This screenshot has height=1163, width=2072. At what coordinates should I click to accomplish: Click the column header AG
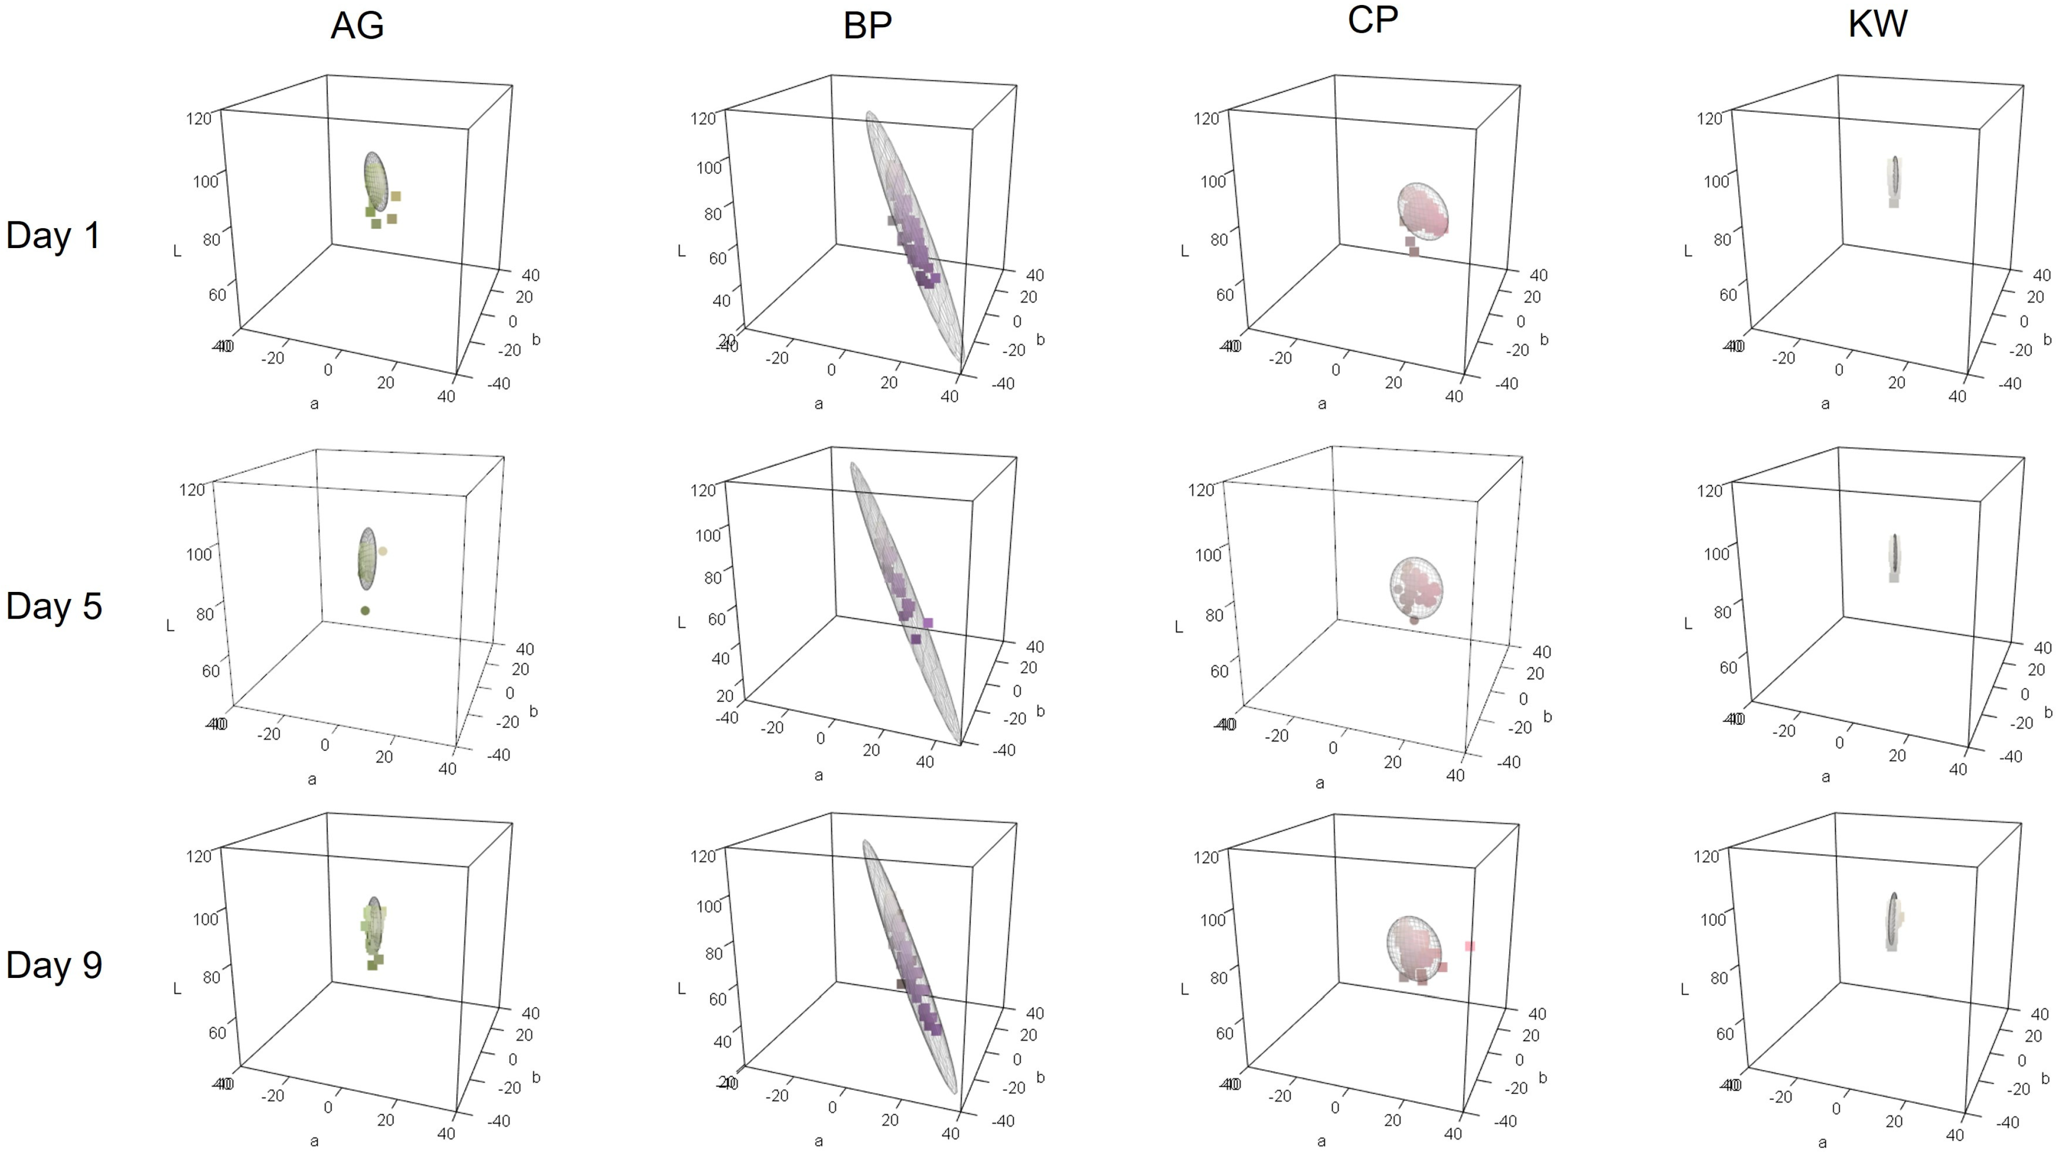[357, 26]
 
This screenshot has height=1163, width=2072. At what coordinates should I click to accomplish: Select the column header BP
[867, 26]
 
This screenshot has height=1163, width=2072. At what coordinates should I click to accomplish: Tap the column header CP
[1372, 20]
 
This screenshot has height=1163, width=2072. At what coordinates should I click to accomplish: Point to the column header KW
[1878, 24]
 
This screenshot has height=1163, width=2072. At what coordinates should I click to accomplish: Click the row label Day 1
[53, 236]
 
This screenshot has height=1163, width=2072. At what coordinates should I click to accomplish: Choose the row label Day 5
[54, 606]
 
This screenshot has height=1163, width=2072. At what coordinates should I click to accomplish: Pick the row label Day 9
[54, 965]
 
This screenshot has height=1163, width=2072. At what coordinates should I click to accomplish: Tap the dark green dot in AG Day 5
[365, 610]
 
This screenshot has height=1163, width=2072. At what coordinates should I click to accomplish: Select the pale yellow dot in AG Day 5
[383, 551]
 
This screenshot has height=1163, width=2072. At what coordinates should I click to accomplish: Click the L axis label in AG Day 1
[177, 252]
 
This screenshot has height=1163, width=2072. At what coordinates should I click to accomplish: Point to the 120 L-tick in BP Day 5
[703, 490]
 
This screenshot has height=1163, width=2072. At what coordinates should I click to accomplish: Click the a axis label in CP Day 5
[1320, 782]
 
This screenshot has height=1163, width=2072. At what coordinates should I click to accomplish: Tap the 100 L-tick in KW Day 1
[1716, 181]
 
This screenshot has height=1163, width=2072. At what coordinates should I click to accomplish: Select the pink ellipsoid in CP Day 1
[1422, 211]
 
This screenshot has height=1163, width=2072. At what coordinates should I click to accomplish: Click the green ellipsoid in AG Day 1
[375, 182]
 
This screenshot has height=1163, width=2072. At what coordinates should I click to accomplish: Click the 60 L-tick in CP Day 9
[1224, 1033]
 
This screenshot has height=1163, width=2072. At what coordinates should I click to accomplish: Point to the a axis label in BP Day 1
[818, 404]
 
